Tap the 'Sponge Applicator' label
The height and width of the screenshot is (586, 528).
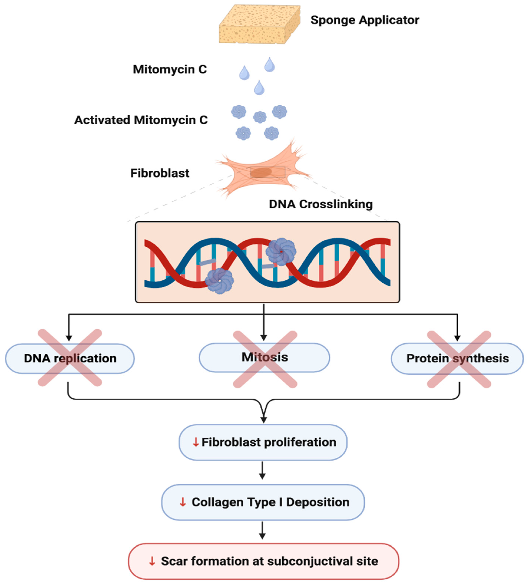pos(364,20)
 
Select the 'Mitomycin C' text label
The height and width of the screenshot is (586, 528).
pos(170,69)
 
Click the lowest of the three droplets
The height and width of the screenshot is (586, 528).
pos(259,88)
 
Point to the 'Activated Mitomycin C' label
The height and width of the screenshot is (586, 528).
pos(141,120)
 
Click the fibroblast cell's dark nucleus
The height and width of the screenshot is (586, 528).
pos(261,172)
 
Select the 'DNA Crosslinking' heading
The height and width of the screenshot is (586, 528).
pos(321,204)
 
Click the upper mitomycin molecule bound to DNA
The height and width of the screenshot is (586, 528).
pos(280,251)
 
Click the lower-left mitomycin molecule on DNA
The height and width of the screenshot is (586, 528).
pos(219,281)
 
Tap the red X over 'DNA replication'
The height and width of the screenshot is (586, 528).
pos(70,358)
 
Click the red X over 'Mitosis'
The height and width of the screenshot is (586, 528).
pos(265,359)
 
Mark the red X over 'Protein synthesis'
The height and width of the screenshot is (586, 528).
pos(459,359)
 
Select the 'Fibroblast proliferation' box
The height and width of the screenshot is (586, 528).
pos(263,442)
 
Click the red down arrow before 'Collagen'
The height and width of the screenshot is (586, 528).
pos(182,502)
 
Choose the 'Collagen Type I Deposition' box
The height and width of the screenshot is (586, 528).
pos(263,502)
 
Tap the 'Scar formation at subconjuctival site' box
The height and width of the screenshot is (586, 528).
pos(263,561)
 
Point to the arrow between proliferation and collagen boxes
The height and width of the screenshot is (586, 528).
pos(262,470)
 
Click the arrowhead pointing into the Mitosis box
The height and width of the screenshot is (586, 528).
pos(263,338)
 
